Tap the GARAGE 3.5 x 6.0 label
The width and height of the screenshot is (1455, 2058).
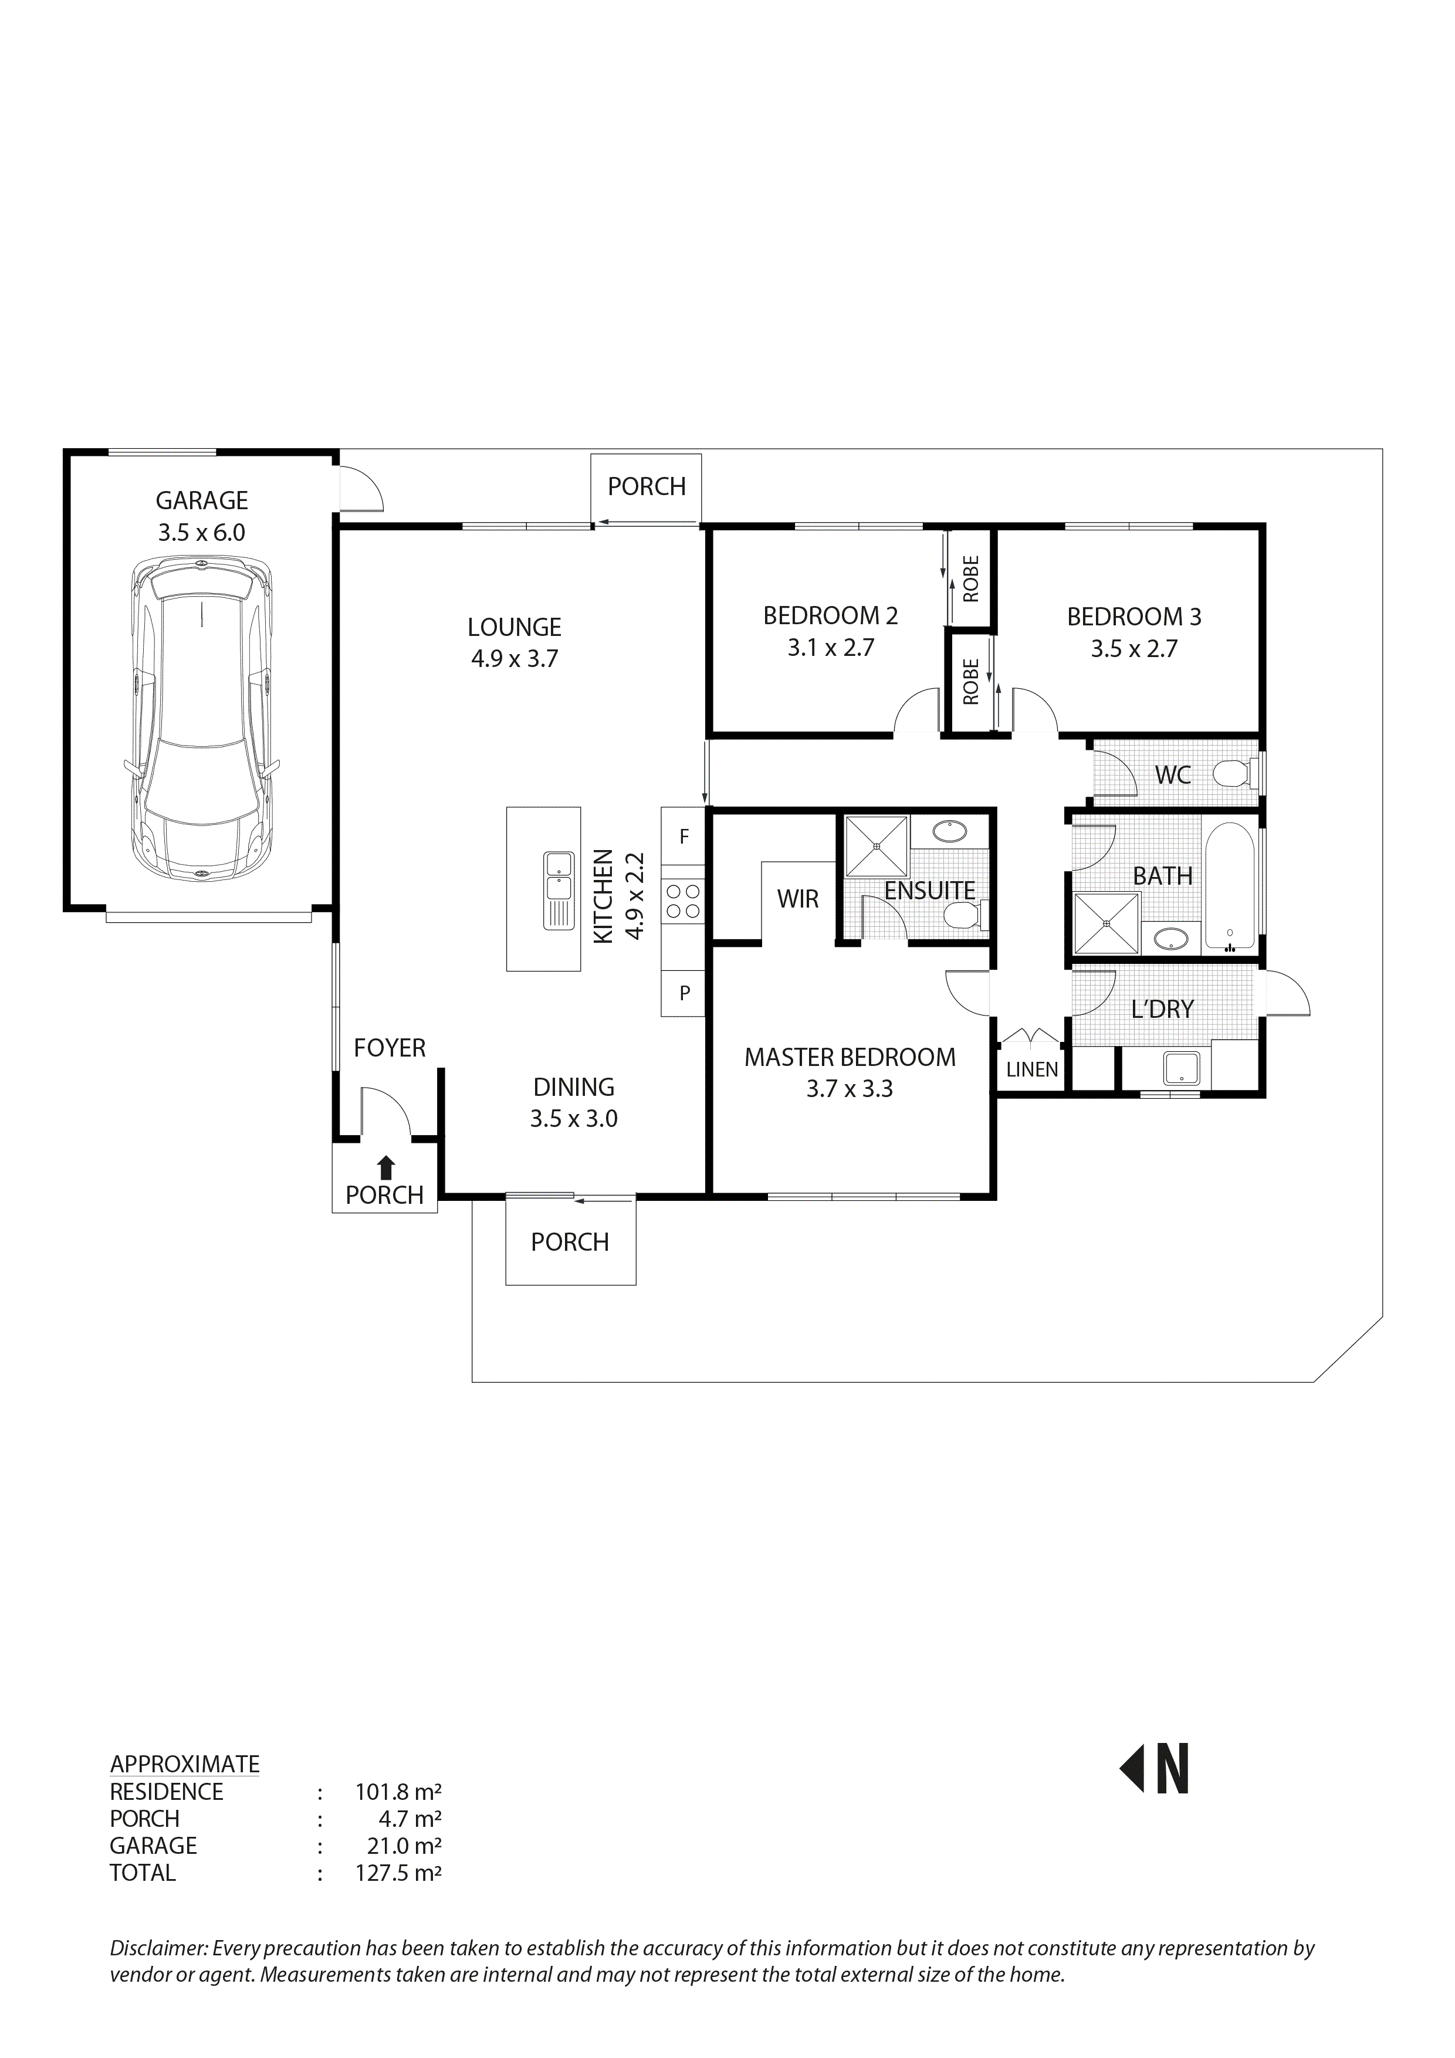202,516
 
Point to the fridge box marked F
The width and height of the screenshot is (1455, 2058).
684,837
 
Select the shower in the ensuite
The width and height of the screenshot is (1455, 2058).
876,845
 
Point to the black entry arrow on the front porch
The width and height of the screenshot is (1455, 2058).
385,1166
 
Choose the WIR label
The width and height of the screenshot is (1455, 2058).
797,899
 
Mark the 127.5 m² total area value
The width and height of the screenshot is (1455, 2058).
397,1873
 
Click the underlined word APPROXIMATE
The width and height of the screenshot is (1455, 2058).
185,1764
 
